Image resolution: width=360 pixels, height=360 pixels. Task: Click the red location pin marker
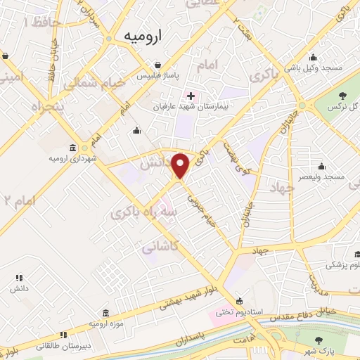click(181, 165)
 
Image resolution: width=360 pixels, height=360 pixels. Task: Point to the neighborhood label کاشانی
click(160, 247)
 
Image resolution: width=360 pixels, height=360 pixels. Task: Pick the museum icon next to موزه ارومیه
click(105, 311)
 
